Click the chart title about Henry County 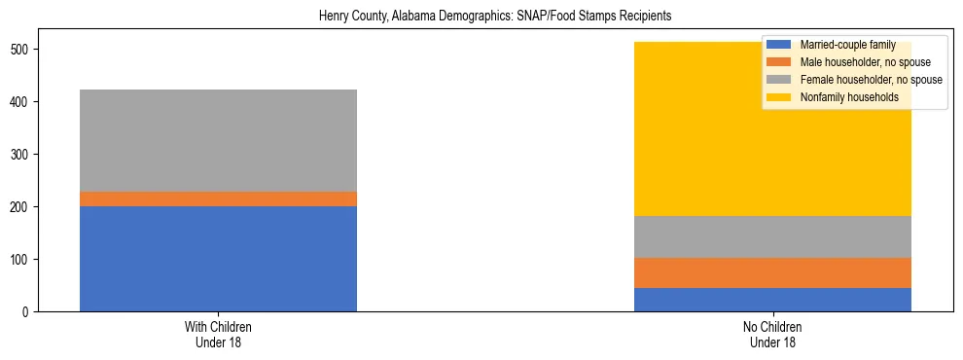495,18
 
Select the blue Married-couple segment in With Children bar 218,259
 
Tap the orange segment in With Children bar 218,199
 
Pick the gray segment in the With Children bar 218,140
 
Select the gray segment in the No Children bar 772,236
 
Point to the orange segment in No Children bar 772,273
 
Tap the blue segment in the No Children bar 772,300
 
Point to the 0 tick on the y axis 26,312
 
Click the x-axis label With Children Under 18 218,335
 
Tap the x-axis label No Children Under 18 772,335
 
